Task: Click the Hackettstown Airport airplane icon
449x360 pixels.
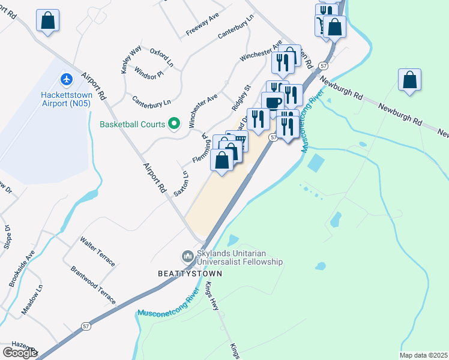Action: coord(66,79)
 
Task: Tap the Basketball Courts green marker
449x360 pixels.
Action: coord(174,125)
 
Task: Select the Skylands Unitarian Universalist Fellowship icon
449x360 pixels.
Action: coord(188,256)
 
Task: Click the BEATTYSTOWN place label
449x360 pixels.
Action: coord(190,274)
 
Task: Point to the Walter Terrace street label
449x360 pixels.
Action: coord(97,252)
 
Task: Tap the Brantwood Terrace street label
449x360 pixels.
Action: coord(93,286)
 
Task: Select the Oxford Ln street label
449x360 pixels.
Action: coord(161,57)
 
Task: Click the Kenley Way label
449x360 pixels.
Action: coord(131,59)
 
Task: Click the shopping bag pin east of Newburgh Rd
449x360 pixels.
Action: coord(409,80)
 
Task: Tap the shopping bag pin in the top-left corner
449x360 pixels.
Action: coord(47,20)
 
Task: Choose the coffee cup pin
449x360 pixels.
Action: coord(273,102)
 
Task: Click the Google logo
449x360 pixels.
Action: coord(20,353)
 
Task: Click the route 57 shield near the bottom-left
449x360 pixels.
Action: coord(86,325)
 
